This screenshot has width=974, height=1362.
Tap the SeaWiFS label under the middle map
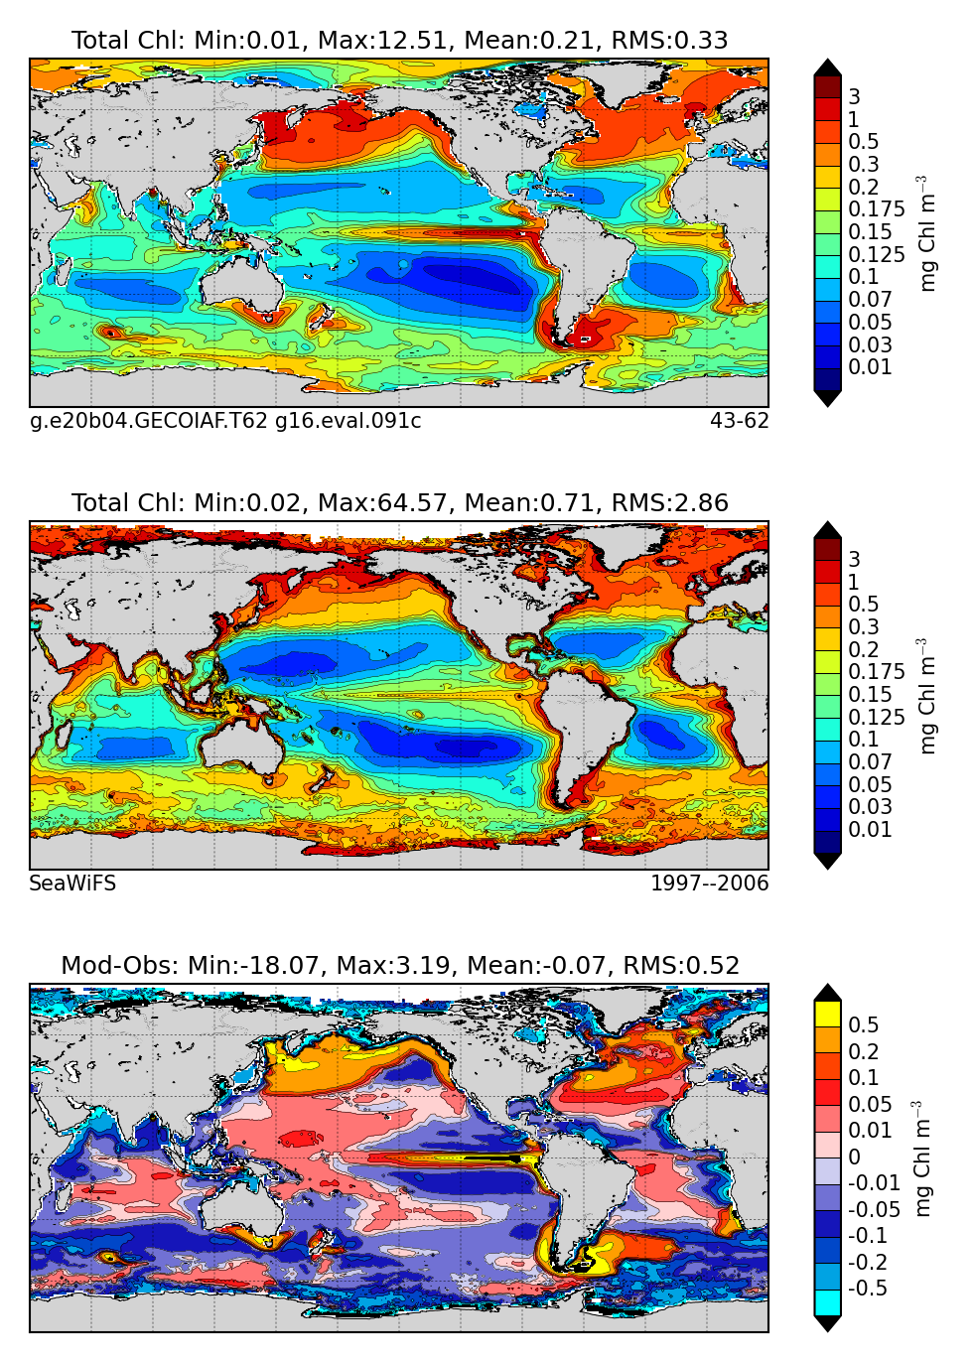click(x=72, y=884)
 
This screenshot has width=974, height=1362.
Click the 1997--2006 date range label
click(x=709, y=884)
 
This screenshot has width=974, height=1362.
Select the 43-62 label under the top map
click(x=739, y=421)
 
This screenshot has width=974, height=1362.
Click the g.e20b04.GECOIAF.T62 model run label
click(x=149, y=421)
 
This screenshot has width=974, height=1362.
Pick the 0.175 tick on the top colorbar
click(x=876, y=209)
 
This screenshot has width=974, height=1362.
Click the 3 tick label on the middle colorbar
click(x=854, y=560)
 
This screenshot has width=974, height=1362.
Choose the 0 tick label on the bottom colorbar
click(x=854, y=1158)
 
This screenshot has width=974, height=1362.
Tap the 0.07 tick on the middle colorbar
click(x=870, y=762)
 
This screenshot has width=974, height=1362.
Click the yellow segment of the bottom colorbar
click(x=828, y=1013)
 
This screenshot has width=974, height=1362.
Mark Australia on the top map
click(x=243, y=282)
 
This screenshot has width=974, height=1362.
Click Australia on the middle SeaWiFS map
click(x=243, y=745)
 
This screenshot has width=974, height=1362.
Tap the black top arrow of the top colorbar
click(x=828, y=68)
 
